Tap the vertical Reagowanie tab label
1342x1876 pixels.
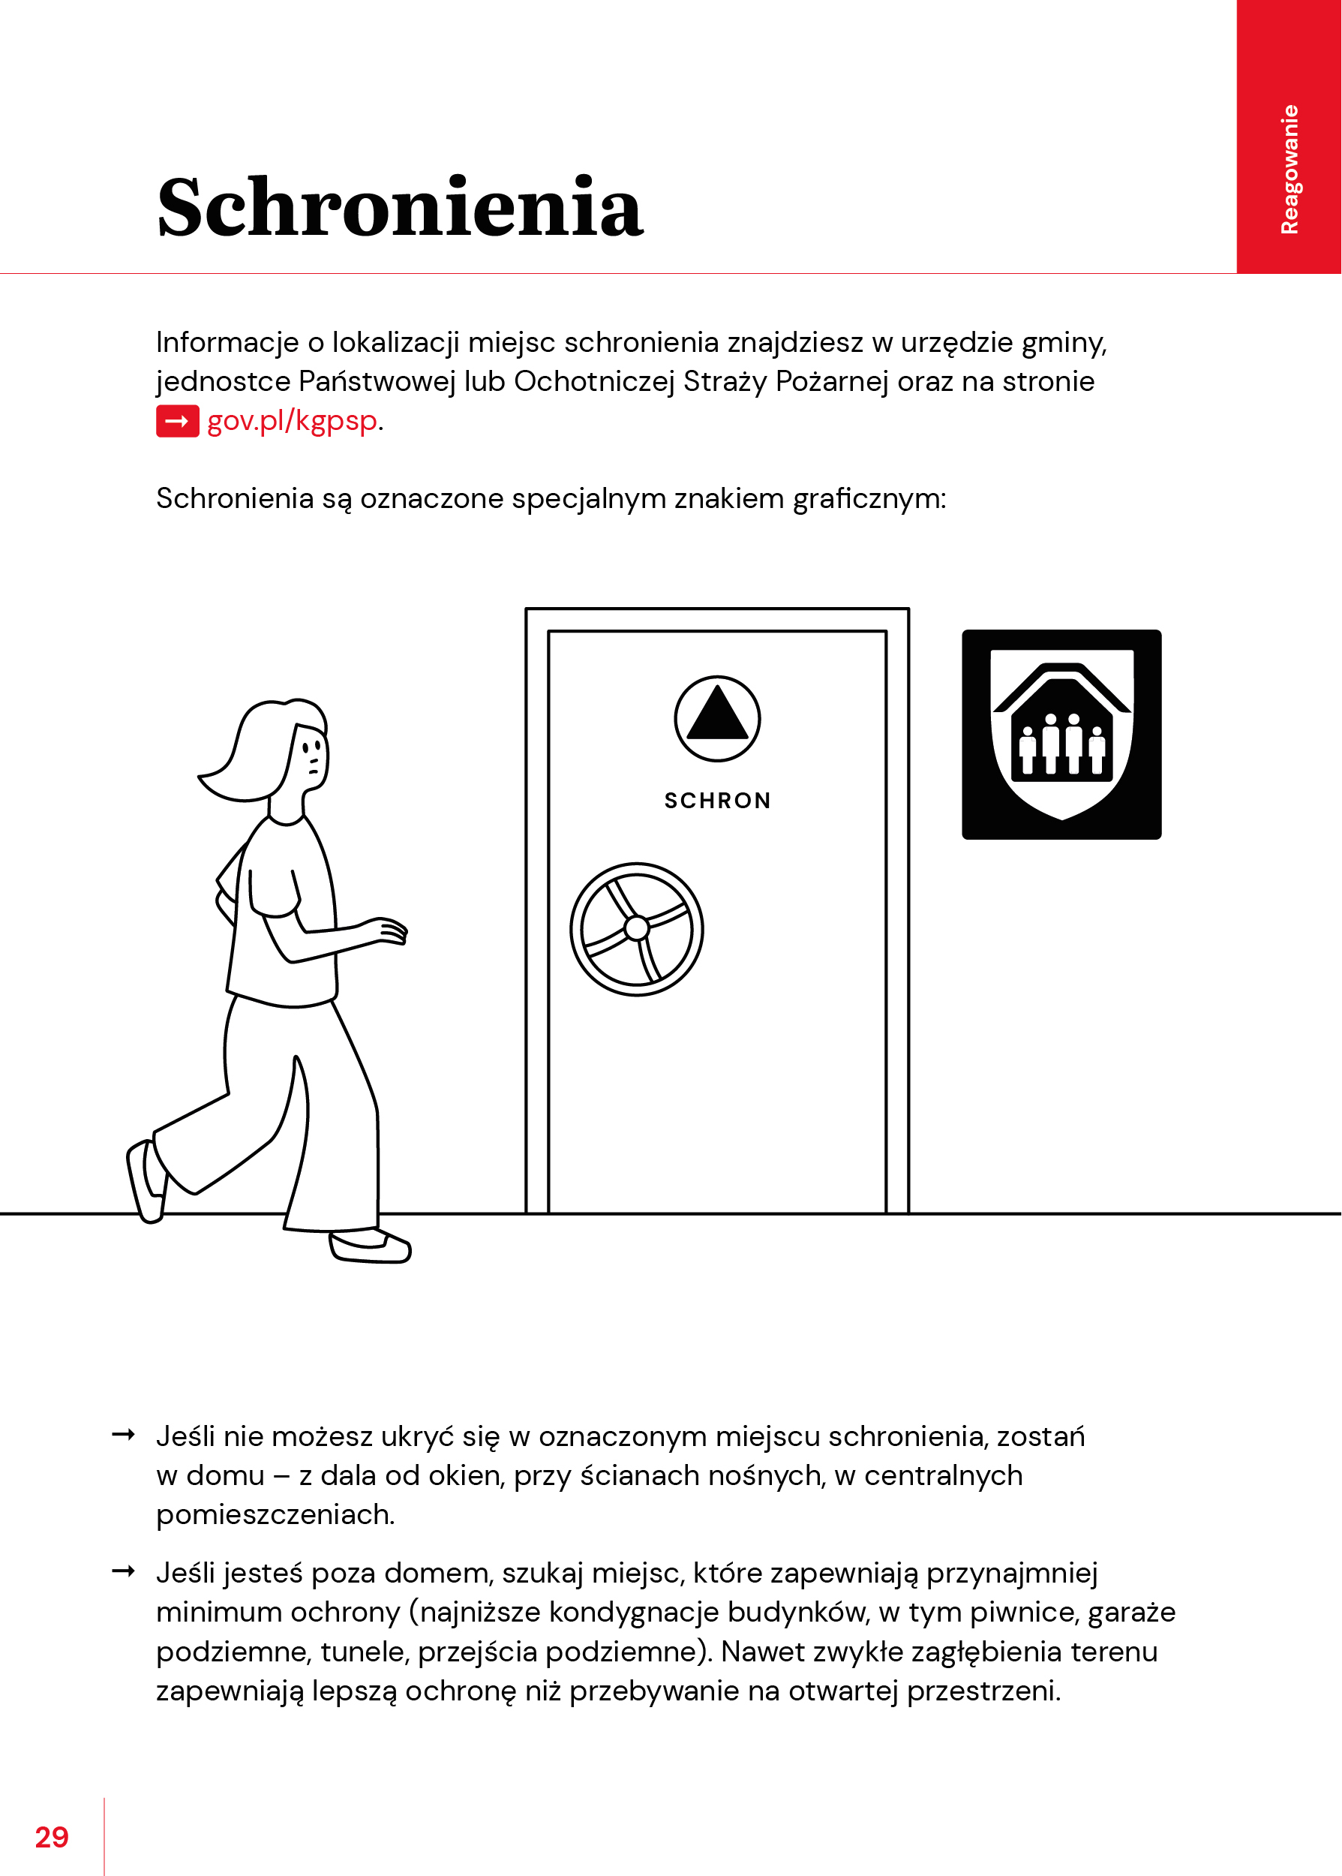click(1289, 170)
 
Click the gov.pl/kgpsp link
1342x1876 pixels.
click(293, 421)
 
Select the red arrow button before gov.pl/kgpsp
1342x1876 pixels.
click(177, 421)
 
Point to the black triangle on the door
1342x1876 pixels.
click(716, 714)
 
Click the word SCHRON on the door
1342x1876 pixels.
click(717, 800)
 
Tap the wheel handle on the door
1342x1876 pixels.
click(636, 929)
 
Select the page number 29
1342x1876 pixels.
click(51, 1836)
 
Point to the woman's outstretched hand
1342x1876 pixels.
click(389, 930)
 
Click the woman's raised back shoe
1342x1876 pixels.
click(146, 1180)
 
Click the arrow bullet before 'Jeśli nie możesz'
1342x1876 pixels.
click(123, 1435)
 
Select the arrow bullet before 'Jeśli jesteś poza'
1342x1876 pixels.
click(123, 1571)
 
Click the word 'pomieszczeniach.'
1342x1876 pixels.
click(275, 1514)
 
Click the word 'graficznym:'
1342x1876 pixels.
click(869, 498)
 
